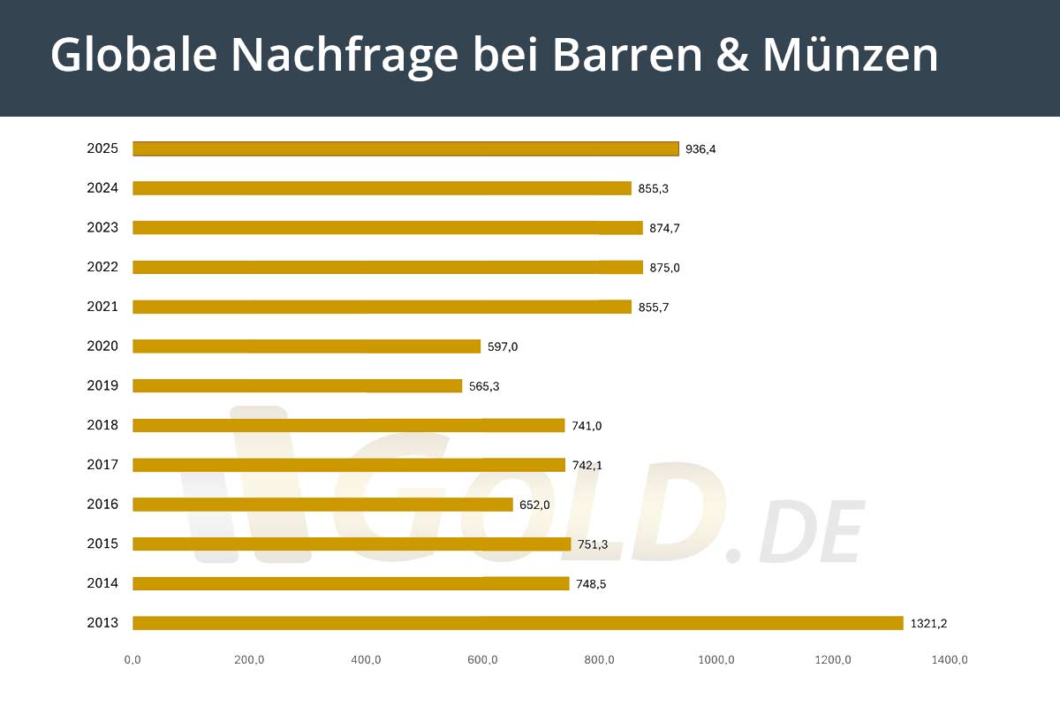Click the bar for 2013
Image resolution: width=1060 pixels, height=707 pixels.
[x=518, y=623]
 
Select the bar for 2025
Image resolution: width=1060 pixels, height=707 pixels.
[x=405, y=148]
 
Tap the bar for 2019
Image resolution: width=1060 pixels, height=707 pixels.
[x=297, y=386]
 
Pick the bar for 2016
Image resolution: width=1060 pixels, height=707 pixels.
[x=322, y=505]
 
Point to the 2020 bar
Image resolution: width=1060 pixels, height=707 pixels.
[x=307, y=346]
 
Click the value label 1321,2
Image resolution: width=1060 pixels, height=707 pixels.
[x=928, y=624]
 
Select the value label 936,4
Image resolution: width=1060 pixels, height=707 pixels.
[x=700, y=149]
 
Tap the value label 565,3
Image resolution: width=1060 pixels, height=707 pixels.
[x=484, y=386]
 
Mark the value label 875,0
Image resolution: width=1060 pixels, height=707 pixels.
[x=664, y=268]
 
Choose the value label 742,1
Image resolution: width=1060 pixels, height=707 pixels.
[x=587, y=466]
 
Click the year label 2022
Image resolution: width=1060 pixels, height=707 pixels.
[x=102, y=267]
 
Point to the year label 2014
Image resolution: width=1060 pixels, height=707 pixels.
[x=102, y=583]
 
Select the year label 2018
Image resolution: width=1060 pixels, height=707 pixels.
[x=102, y=425]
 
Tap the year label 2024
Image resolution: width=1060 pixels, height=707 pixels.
[x=102, y=188]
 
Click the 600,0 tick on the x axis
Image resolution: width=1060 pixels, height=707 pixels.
[x=482, y=659]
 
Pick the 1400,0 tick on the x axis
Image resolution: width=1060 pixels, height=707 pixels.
[x=950, y=659]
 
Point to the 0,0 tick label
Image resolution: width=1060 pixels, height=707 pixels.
[x=132, y=659]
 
